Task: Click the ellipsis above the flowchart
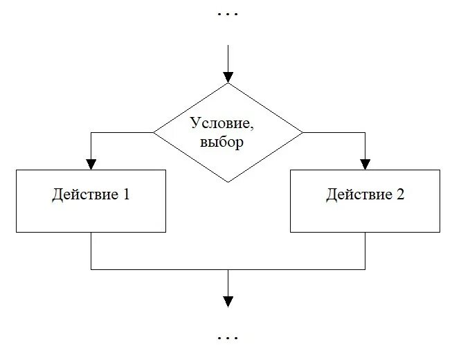click(228, 14)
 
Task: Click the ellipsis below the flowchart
click(228, 339)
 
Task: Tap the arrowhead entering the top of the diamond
click(228, 77)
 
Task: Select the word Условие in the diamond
click(217, 123)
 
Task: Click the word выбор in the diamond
click(222, 143)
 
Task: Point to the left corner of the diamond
click(154, 132)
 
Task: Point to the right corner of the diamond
click(302, 132)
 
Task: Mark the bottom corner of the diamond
click(228, 181)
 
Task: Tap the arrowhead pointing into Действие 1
click(91, 163)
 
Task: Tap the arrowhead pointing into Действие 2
click(365, 163)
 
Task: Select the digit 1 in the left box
click(126, 195)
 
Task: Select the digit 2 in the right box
click(401, 195)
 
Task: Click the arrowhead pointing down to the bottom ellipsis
click(228, 301)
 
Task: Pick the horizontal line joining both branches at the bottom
click(159, 269)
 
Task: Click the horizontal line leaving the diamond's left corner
click(122, 132)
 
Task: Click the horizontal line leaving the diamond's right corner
click(334, 132)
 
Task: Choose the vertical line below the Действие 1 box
click(91, 251)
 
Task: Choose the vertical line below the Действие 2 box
click(365, 251)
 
